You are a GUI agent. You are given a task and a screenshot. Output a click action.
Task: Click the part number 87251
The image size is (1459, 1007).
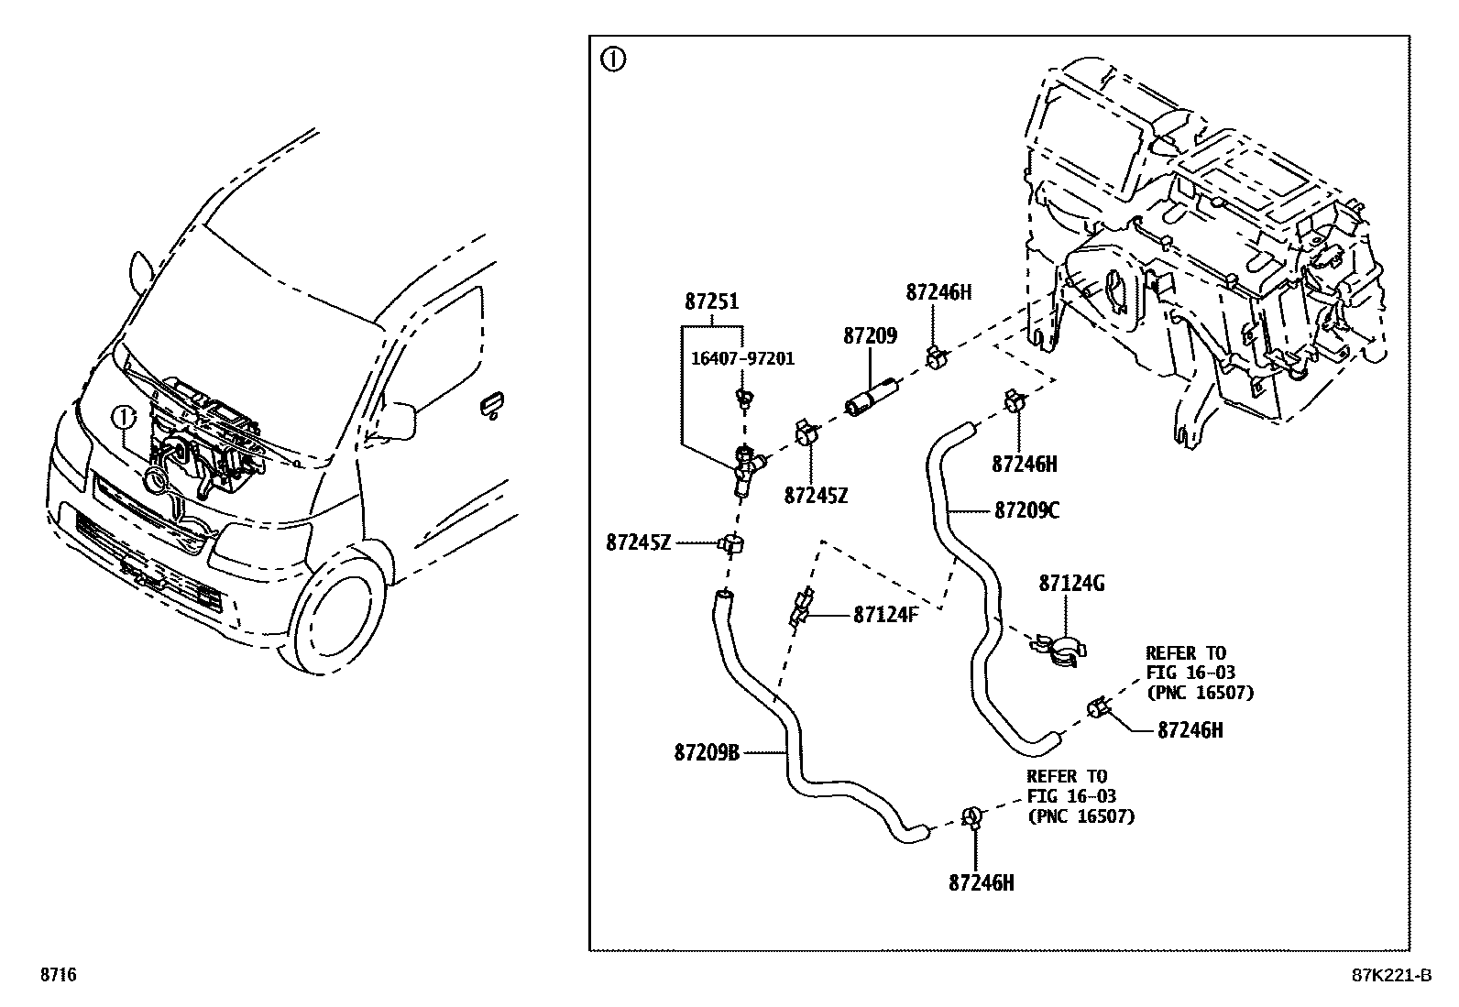(711, 302)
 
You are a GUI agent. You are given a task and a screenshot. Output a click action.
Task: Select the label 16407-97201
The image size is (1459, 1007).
(742, 358)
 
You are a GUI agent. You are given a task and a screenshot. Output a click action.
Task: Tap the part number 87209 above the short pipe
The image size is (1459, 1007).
(870, 336)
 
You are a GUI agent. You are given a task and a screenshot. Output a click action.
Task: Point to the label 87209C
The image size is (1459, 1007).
(1026, 510)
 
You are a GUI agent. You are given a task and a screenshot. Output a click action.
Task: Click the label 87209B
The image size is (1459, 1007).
(707, 753)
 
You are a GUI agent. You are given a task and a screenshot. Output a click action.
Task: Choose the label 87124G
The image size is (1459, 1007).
(1071, 583)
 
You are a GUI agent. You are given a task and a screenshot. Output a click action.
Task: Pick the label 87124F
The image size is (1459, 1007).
(885, 615)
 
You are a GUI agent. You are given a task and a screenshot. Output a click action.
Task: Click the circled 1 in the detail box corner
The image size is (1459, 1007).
(612, 60)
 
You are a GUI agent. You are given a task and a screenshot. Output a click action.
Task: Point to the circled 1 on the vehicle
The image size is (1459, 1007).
(123, 418)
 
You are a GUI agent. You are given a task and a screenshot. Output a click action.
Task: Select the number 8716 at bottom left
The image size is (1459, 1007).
(57, 976)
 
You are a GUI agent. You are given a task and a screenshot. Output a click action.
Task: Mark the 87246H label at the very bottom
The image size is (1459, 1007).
(982, 883)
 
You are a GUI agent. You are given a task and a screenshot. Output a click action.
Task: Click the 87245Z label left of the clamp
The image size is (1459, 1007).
(639, 542)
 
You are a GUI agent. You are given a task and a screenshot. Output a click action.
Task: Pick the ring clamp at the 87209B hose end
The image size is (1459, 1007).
(971, 815)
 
